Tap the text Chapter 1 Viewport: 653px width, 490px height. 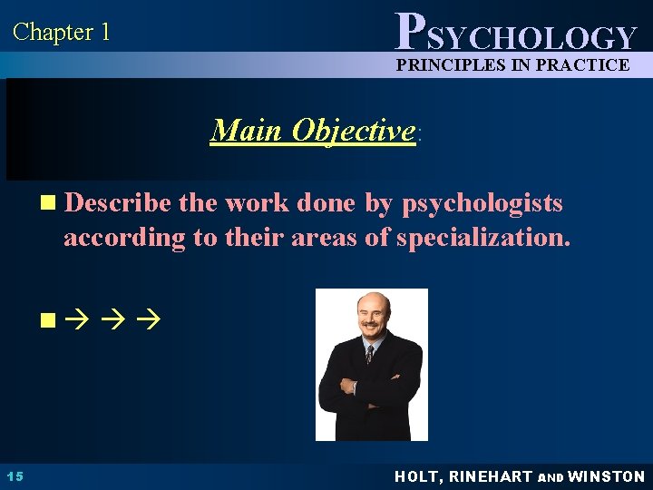tap(61, 33)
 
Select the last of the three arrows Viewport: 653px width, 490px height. tap(150, 319)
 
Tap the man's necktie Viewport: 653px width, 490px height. tap(369, 353)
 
